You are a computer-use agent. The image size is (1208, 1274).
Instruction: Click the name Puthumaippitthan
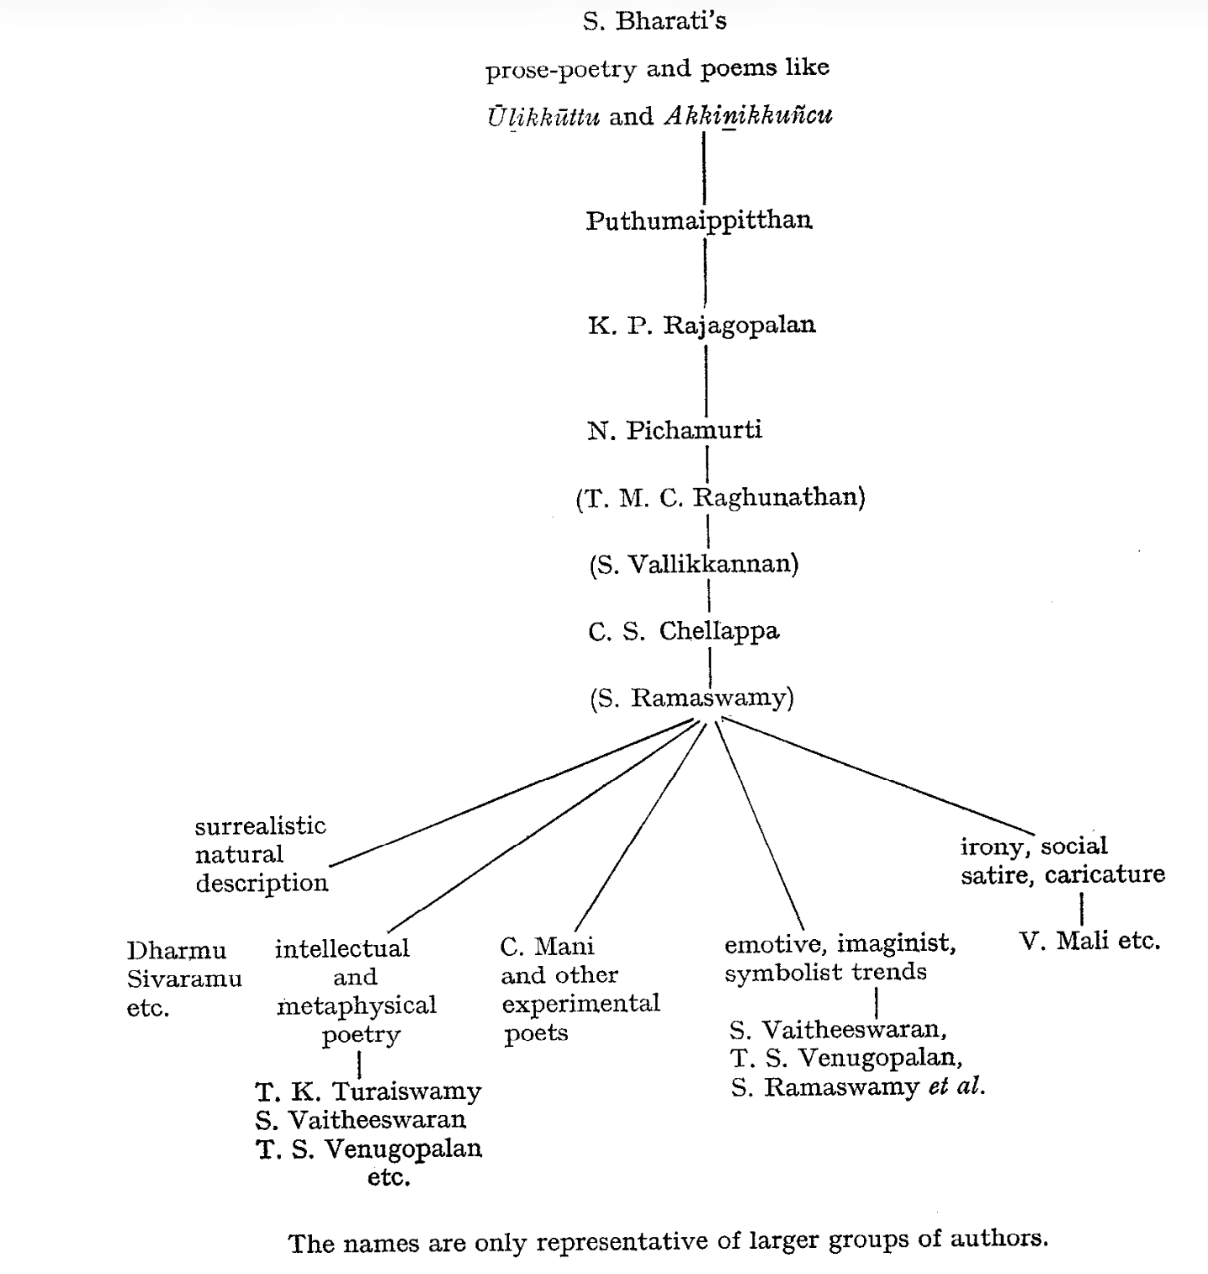pyautogui.click(x=699, y=220)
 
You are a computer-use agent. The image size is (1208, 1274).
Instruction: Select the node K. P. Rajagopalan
pyautogui.click(x=702, y=325)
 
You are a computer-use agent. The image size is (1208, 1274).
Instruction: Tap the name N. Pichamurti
pyautogui.click(x=675, y=430)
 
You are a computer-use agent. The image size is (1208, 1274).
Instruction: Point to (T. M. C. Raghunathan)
pyautogui.click(x=720, y=497)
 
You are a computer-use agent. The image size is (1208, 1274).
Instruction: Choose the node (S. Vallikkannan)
pyautogui.click(x=693, y=564)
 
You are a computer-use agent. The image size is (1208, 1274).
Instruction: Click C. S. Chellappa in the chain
pyautogui.click(x=684, y=631)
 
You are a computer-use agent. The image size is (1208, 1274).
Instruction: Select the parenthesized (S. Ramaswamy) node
pyautogui.click(x=691, y=698)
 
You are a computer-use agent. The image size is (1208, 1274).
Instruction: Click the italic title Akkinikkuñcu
pyautogui.click(x=748, y=115)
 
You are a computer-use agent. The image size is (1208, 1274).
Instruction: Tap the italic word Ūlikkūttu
pyautogui.click(x=543, y=117)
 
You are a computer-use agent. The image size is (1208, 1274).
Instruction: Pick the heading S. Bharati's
pyautogui.click(x=654, y=20)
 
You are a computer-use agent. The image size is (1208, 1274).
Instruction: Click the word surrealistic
pyautogui.click(x=260, y=825)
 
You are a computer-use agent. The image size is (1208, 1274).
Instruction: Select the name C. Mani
pyautogui.click(x=547, y=947)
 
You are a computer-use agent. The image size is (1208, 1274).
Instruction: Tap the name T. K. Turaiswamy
pyautogui.click(x=368, y=1091)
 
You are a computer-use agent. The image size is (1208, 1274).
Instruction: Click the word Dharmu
pyautogui.click(x=176, y=951)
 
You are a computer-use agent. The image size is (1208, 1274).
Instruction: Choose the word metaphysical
pyautogui.click(x=357, y=1006)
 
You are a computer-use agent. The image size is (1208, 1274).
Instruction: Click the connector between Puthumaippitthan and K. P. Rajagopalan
pyautogui.click(x=705, y=271)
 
